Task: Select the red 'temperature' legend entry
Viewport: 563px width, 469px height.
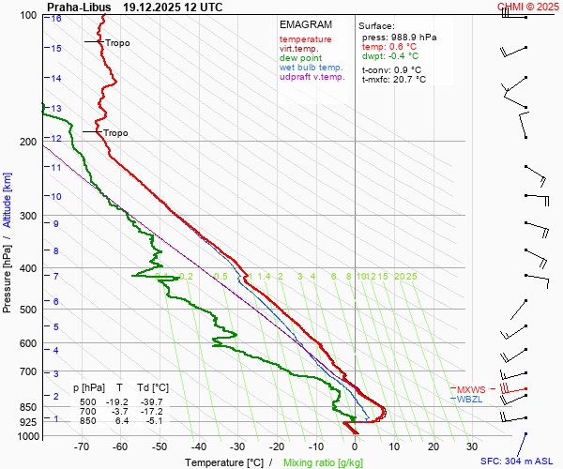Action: tap(305, 39)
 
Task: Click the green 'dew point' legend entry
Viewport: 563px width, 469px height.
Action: tap(300, 58)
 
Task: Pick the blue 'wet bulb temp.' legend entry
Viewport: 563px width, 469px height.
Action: tap(312, 68)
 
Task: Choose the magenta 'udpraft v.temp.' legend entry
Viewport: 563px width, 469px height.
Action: tap(313, 77)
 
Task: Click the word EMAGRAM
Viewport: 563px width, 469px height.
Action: tap(305, 24)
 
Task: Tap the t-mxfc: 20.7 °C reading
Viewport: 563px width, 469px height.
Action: tap(393, 80)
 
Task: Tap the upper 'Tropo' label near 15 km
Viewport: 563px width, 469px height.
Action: tap(117, 42)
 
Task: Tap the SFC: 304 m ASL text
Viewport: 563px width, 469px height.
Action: tap(519, 461)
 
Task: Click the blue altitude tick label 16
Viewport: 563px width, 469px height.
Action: tap(57, 19)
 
